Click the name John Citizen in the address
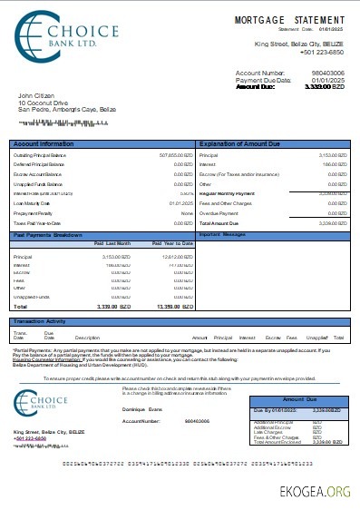[x=36, y=93]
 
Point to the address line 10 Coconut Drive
[x=43, y=102]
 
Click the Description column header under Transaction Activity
[x=87, y=337]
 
